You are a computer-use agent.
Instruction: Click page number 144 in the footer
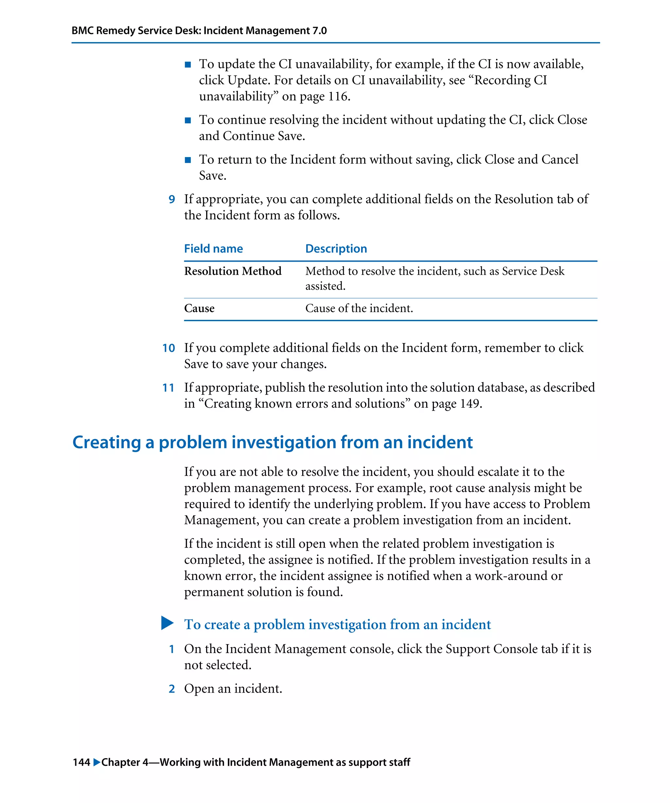tap(81, 762)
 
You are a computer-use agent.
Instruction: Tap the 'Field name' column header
tap(213, 249)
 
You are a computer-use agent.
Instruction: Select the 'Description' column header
tap(336, 249)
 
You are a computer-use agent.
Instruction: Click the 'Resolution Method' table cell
tap(232, 271)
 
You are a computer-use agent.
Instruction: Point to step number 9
tap(172, 199)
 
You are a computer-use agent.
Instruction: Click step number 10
tap(168, 348)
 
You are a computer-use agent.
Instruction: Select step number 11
tap(168, 388)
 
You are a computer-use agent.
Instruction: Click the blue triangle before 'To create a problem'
tap(167, 623)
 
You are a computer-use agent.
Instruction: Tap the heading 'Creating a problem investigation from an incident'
tap(272, 442)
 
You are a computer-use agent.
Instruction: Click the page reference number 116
tap(338, 96)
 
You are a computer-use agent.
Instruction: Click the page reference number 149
tap(469, 403)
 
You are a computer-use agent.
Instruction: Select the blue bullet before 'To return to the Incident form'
tap(187, 160)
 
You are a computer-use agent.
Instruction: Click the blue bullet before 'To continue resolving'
tap(187, 121)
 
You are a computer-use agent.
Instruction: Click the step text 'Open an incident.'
tap(233, 688)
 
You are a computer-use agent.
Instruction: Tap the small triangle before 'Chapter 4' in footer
tap(97, 762)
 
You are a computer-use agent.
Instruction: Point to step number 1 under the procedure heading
tap(172, 649)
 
